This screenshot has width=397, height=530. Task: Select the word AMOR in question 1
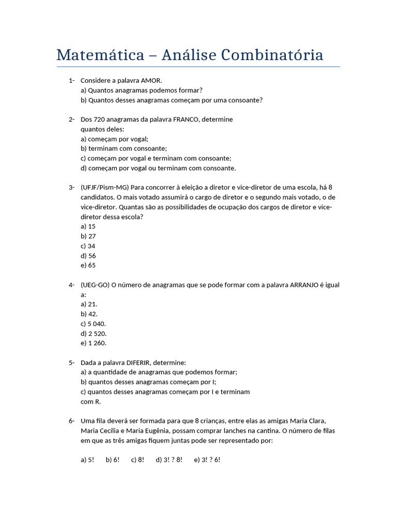point(151,80)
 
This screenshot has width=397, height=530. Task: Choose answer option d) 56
point(88,256)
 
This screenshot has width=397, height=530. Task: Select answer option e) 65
point(88,266)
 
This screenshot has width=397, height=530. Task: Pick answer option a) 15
point(88,226)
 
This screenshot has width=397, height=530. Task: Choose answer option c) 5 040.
point(94,323)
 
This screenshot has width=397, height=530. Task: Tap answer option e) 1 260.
point(94,343)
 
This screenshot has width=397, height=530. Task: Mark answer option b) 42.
point(89,314)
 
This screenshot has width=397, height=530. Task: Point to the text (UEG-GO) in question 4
point(95,285)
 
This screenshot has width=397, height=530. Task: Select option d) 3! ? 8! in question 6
point(169,460)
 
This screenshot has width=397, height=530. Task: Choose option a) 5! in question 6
point(87,460)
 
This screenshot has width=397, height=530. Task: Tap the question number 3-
point(71,187)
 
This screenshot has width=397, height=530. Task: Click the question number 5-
point(71,362)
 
